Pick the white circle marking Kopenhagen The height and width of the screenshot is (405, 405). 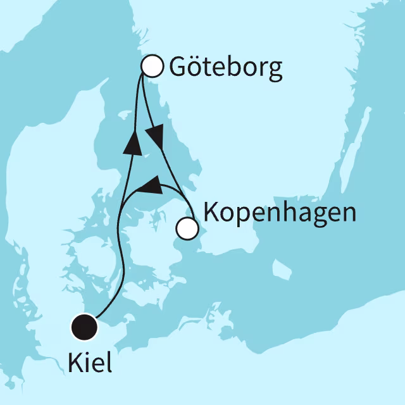click(186, 228)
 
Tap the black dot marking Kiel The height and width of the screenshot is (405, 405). click(84, 327)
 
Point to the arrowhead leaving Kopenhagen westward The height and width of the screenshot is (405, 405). click(147, 185)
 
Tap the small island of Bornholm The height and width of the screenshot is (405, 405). click(281, 270)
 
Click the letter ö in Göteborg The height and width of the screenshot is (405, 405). click(190, 67)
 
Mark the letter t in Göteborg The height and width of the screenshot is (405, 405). click(203, 67)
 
